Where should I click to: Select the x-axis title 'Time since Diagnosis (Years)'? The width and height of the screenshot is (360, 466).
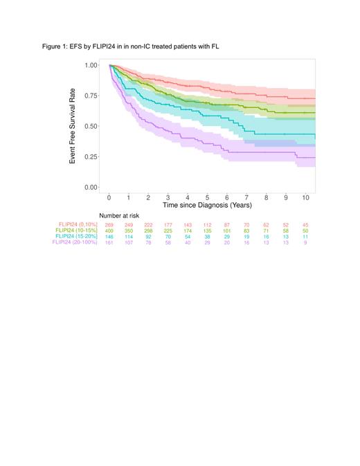(x=207, y=206)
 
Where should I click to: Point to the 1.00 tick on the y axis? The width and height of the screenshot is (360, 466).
(x=91, y=65)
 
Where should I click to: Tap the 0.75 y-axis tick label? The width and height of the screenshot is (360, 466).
(x=91, y=96)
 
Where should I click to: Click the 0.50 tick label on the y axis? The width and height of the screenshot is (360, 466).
(x=91, y=126)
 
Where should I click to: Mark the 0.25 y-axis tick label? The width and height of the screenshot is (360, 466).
(x=91, y=156)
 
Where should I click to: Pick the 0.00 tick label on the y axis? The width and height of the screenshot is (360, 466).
(x=91, y=187)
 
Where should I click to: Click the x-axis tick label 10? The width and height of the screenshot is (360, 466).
(x=305, y=198)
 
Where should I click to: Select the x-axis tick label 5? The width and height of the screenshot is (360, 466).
(x=207, y=198)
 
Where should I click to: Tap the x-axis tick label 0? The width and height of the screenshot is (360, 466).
(x=109, y=198)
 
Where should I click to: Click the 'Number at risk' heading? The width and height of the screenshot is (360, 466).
(x=119, y=216)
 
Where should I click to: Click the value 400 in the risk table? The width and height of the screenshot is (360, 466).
(x=109, y=231)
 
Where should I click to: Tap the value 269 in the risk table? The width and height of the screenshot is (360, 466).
(x=109, y=225)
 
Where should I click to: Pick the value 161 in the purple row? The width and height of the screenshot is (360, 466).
(x=109, y=242)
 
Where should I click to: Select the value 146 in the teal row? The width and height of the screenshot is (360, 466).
(x=109, y=236)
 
